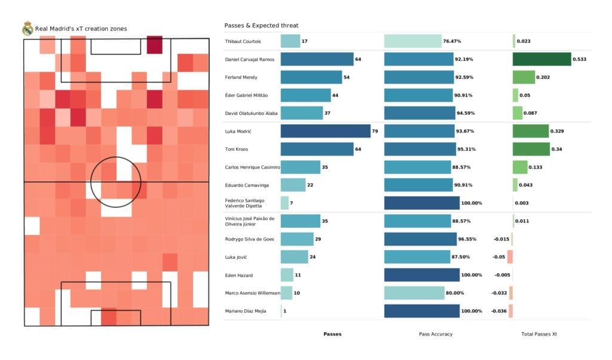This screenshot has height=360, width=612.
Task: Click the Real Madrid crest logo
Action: [27, 29]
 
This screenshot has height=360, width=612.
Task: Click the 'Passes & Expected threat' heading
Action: [261, 26]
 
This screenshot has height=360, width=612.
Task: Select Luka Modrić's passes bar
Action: [325, 131]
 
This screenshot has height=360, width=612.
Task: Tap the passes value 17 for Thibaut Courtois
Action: [305, 41]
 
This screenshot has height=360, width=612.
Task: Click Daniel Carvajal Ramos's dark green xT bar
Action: [541, 59]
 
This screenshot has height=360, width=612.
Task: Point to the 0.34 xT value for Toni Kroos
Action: [558, 149]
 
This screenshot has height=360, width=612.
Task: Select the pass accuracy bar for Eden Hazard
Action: [422, 274]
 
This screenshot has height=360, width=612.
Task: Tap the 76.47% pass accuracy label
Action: [452, 41]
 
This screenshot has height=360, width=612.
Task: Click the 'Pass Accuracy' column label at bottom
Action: [435, 334]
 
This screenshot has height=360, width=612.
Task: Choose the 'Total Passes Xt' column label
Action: [540, 334]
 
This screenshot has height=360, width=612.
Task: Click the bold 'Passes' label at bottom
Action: [332, 334]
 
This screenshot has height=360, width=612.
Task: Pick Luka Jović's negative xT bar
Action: [510, 257]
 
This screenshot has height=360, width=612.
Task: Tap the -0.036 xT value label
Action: [498, 311]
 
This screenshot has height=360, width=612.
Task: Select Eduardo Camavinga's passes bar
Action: [293, 185]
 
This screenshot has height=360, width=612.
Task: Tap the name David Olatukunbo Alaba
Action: [251, 113]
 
